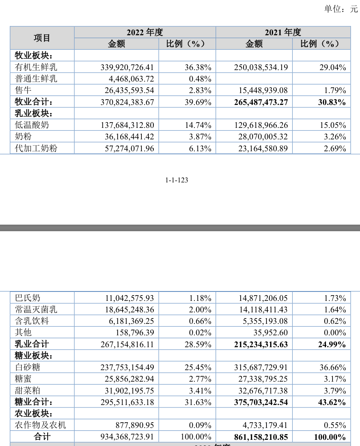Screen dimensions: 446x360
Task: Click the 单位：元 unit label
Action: tap(341, 9)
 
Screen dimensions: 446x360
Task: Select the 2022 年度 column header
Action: tap(145, 32)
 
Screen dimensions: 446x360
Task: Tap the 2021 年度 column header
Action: tap(283, 32)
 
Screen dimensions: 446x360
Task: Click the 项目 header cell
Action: tap(42, 38)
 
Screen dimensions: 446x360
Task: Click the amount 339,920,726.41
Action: tap(127, 67)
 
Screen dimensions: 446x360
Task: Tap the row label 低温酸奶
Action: tap(32, 125)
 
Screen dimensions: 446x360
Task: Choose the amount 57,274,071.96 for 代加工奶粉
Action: tap(127, 148)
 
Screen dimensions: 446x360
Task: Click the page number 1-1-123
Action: tap(177, 180)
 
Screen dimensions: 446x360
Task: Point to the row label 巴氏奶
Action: tap(28, 298)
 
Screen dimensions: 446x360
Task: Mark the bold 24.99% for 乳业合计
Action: tap(332, 344)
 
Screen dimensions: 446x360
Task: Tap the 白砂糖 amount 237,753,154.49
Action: tap(127, 367)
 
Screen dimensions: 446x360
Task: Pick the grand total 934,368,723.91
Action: tap(127, 437)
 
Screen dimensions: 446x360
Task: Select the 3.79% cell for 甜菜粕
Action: tap(333, 391)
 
